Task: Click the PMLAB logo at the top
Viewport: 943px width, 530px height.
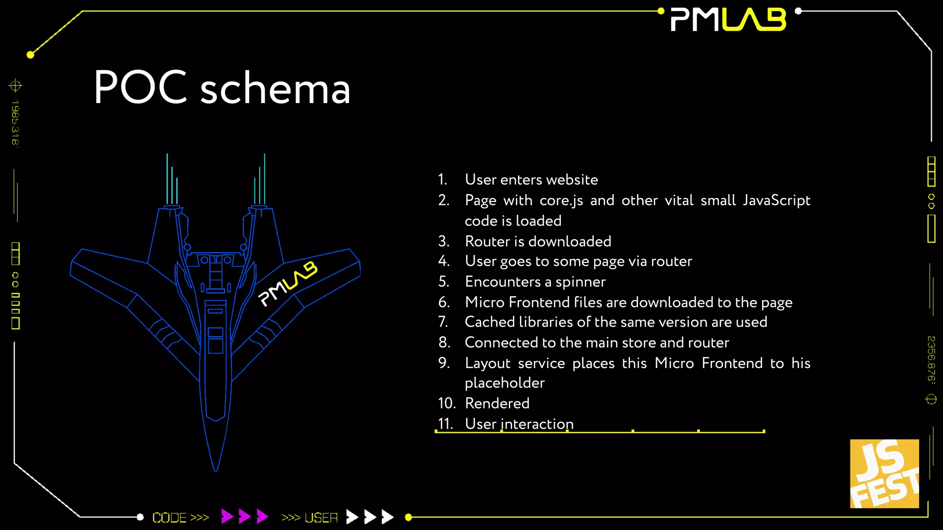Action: click(x=728, y=20)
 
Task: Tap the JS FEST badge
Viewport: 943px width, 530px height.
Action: click(x=884, y=474)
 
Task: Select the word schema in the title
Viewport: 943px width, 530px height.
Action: click(x=275, y=88)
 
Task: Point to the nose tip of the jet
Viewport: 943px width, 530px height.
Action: click(x=215, y=469)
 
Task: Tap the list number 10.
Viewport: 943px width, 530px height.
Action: click(x=446, y=403)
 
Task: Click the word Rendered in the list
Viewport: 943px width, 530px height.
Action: click(x=497, y=403)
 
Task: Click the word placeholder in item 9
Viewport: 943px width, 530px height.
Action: click(x=505, y=383)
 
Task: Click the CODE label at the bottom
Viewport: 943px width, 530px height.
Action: click(x=169, y=518)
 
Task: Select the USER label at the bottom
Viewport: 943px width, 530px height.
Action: click(x=321, y=518)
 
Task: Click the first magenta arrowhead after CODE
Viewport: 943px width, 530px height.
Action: click(x=227, y=516)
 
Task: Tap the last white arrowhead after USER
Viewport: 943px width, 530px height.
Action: click(x=388, y=517)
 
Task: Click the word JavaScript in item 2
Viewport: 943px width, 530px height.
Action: click(x=776, y=201)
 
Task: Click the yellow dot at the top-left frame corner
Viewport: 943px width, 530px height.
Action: click(x=30, y=55)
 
